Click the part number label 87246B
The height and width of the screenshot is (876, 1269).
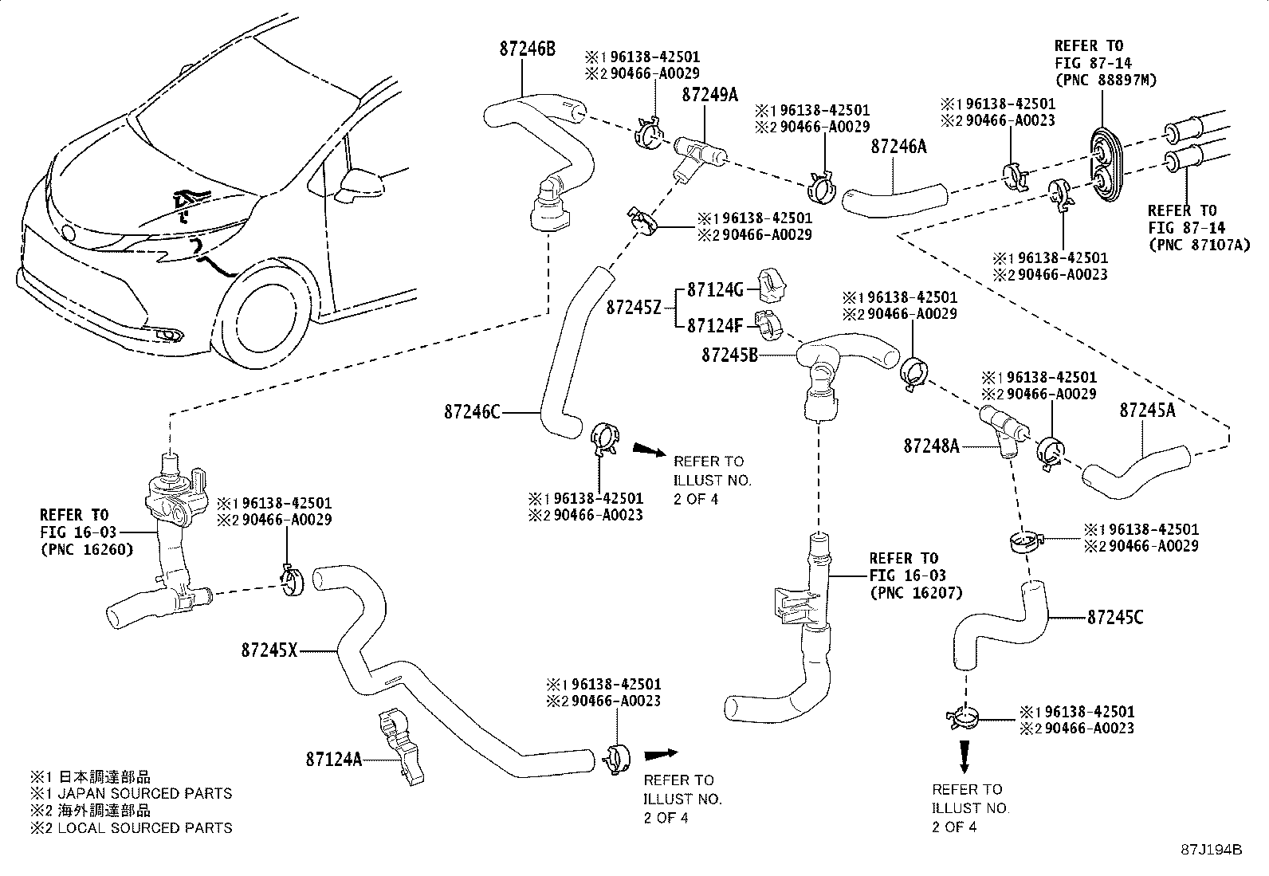point(527,49)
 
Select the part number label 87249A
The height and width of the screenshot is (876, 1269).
point(709,95)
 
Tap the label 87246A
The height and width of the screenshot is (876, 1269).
point(899,147)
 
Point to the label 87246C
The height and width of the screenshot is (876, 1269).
point(473,412)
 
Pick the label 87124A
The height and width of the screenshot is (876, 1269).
point(333,760)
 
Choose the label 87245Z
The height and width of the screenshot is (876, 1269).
point(634,307)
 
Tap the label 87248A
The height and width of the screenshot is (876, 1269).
point(931,446)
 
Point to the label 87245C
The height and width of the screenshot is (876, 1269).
point(1115,617)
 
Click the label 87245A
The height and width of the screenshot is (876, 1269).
point(1147,410)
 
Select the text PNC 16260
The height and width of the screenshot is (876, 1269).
point(86,549)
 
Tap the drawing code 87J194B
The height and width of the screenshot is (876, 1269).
point(1212,850)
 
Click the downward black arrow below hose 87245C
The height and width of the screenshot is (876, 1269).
point(965,756)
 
